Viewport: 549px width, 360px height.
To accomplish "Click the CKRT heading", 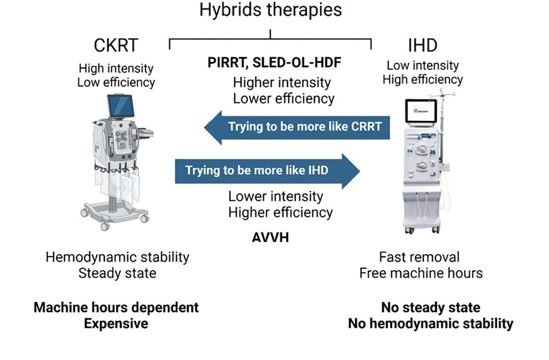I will [115, 45].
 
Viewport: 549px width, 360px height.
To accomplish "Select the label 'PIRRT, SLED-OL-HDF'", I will [274, 63].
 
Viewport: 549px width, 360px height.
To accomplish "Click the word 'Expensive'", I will [116, 323].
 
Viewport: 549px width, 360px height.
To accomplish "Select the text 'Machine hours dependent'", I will [116, 307].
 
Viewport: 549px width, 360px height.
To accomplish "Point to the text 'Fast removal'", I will [419, 257].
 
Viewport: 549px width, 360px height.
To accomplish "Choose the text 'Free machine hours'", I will [421, 272].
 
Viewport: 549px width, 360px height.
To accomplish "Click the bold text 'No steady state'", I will [431, 307].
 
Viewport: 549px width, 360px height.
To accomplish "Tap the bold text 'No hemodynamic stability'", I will [431, 323].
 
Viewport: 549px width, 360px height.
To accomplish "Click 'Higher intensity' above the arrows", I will [282, 83].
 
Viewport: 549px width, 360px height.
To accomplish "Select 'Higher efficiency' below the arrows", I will [280, 212].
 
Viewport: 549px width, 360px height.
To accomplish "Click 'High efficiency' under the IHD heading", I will [422, 80].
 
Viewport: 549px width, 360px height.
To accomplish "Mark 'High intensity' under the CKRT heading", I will [116, 69].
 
